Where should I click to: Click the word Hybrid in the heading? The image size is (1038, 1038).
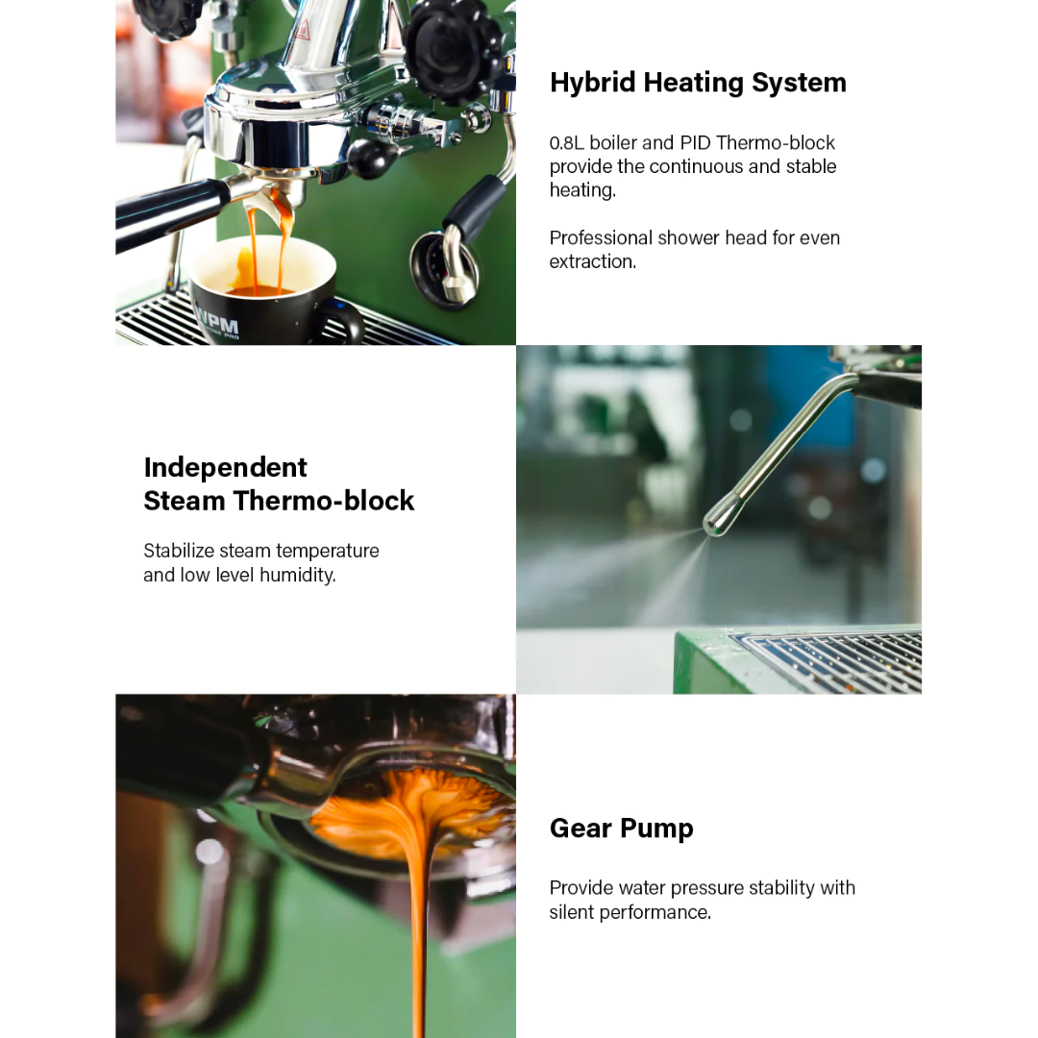tap(592, 83)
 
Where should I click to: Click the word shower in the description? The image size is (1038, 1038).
tap(697, 237)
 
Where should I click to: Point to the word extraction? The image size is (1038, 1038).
tap(592, 261)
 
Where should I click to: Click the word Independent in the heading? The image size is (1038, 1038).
tap(225, 467)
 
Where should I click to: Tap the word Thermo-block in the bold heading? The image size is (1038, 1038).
tap(324, 501)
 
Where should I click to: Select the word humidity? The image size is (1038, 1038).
tap(298, 576)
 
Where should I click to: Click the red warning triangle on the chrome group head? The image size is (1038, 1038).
tap(303, 29)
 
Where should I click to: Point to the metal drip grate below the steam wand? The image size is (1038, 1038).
tap(828, 662)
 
